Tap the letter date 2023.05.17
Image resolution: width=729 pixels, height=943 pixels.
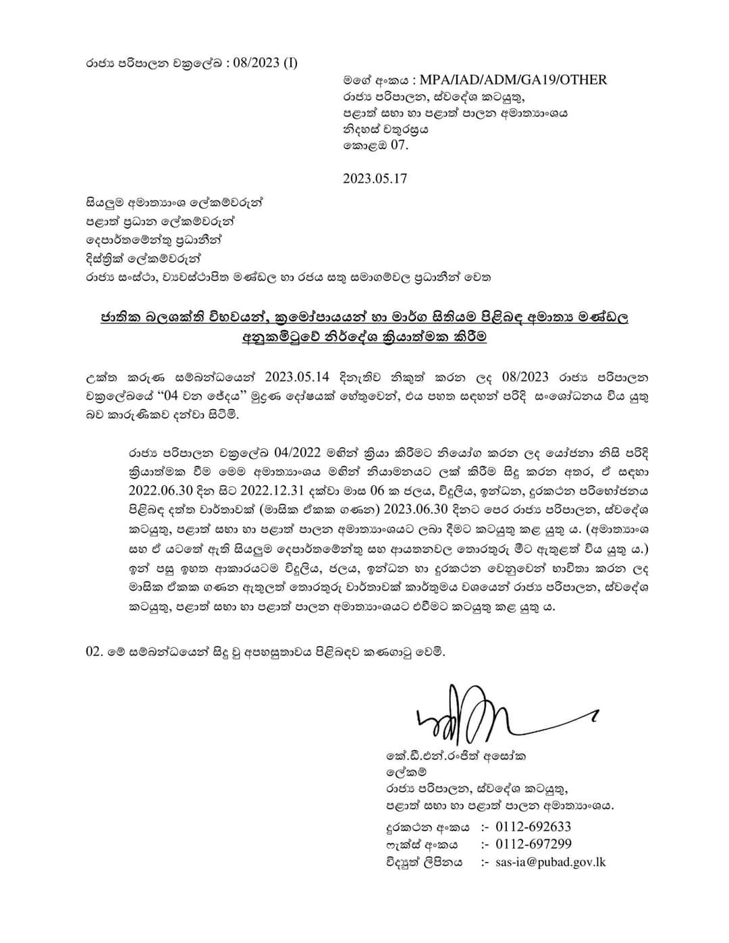click(x=375, y=179)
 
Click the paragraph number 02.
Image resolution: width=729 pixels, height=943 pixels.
click(x=93, y=653)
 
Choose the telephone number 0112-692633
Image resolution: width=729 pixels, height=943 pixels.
click(x=533, y=827)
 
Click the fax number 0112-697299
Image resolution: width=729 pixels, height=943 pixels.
click(x=533, y=844)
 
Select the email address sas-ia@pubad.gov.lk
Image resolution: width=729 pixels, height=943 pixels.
click(x=551, y=862)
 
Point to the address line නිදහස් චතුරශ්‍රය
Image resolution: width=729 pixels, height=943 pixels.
click(x=385, y=129)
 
